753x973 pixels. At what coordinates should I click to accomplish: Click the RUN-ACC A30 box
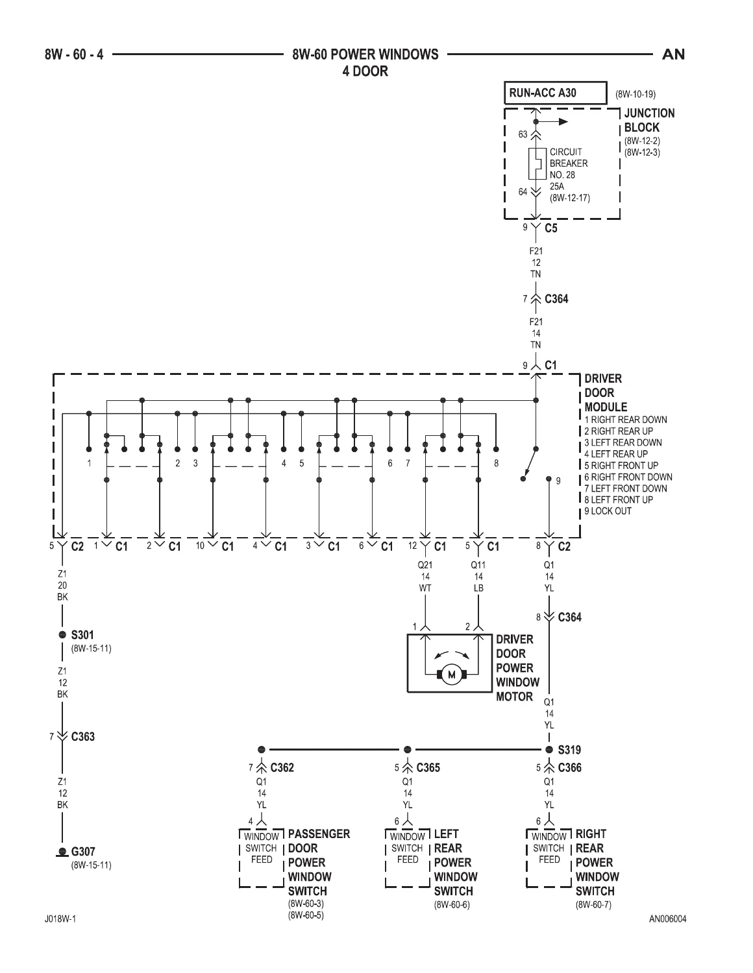555,93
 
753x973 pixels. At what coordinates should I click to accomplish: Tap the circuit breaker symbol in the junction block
537,163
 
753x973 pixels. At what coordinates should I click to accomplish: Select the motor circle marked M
452,675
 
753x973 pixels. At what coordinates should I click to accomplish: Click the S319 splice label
569,750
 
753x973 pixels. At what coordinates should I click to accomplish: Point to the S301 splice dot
62,634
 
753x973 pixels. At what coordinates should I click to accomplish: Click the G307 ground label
83,851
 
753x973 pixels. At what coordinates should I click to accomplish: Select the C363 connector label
83,737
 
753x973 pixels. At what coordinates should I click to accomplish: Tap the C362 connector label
282,767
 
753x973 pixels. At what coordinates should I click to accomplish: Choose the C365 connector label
428,767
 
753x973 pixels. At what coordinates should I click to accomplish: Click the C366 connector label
569,767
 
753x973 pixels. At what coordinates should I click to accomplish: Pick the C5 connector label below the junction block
551,228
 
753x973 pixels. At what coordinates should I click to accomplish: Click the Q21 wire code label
425,565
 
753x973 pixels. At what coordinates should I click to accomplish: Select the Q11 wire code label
478,565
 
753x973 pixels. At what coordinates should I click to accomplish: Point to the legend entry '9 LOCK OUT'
608,511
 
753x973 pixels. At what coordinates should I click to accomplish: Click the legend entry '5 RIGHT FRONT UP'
621,465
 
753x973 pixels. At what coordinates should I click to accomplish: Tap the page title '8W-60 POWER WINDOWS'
365,54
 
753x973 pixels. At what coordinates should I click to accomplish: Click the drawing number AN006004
667,919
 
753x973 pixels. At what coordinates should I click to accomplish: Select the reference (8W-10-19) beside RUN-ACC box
636,94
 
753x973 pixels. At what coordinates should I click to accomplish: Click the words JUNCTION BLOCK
649,120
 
